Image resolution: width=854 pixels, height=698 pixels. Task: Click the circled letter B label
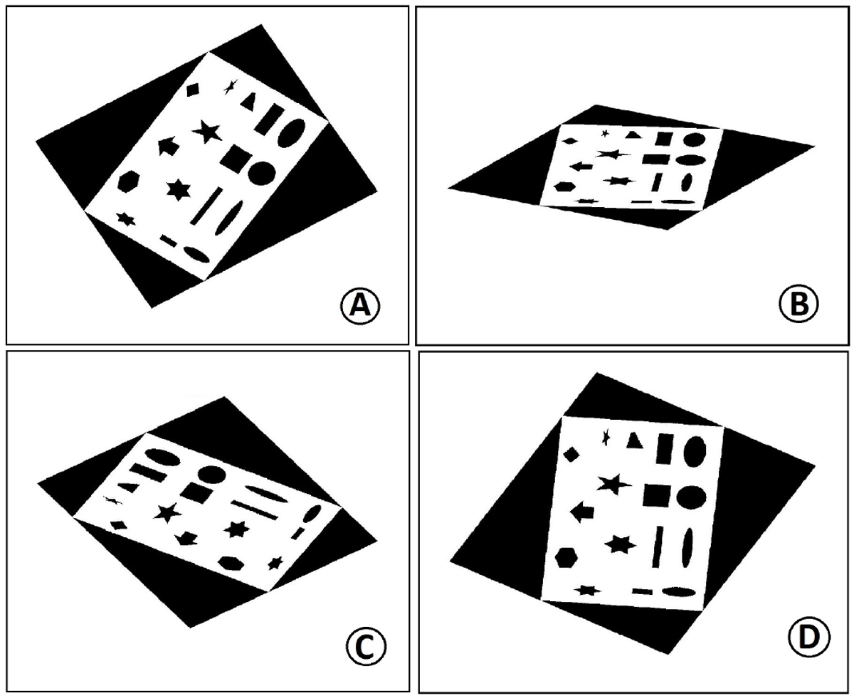point(798,304)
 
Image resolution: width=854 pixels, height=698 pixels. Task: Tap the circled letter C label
point(366,647)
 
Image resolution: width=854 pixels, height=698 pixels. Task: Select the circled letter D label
point(809,638)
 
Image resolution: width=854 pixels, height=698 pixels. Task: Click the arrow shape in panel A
point(168,146)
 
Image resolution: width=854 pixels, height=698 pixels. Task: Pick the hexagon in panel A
point(128,181)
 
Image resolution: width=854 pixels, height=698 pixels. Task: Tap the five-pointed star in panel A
point(207,132)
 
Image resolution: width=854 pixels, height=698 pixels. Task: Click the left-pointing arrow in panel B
point(581,166)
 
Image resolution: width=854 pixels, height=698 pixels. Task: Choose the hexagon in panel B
point(565,186)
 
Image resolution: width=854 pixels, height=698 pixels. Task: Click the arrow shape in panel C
point(186,539)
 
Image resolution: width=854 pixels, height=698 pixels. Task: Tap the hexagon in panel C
point(231,564)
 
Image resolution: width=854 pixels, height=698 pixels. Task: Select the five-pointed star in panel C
point(168,513)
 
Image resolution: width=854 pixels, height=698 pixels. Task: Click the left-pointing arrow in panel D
point(582,512)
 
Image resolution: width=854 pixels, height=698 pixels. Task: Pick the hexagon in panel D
point(566,559)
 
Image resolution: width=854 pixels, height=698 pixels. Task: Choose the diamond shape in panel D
point(571,454)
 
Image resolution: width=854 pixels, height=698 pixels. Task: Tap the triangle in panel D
point(635,440)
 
